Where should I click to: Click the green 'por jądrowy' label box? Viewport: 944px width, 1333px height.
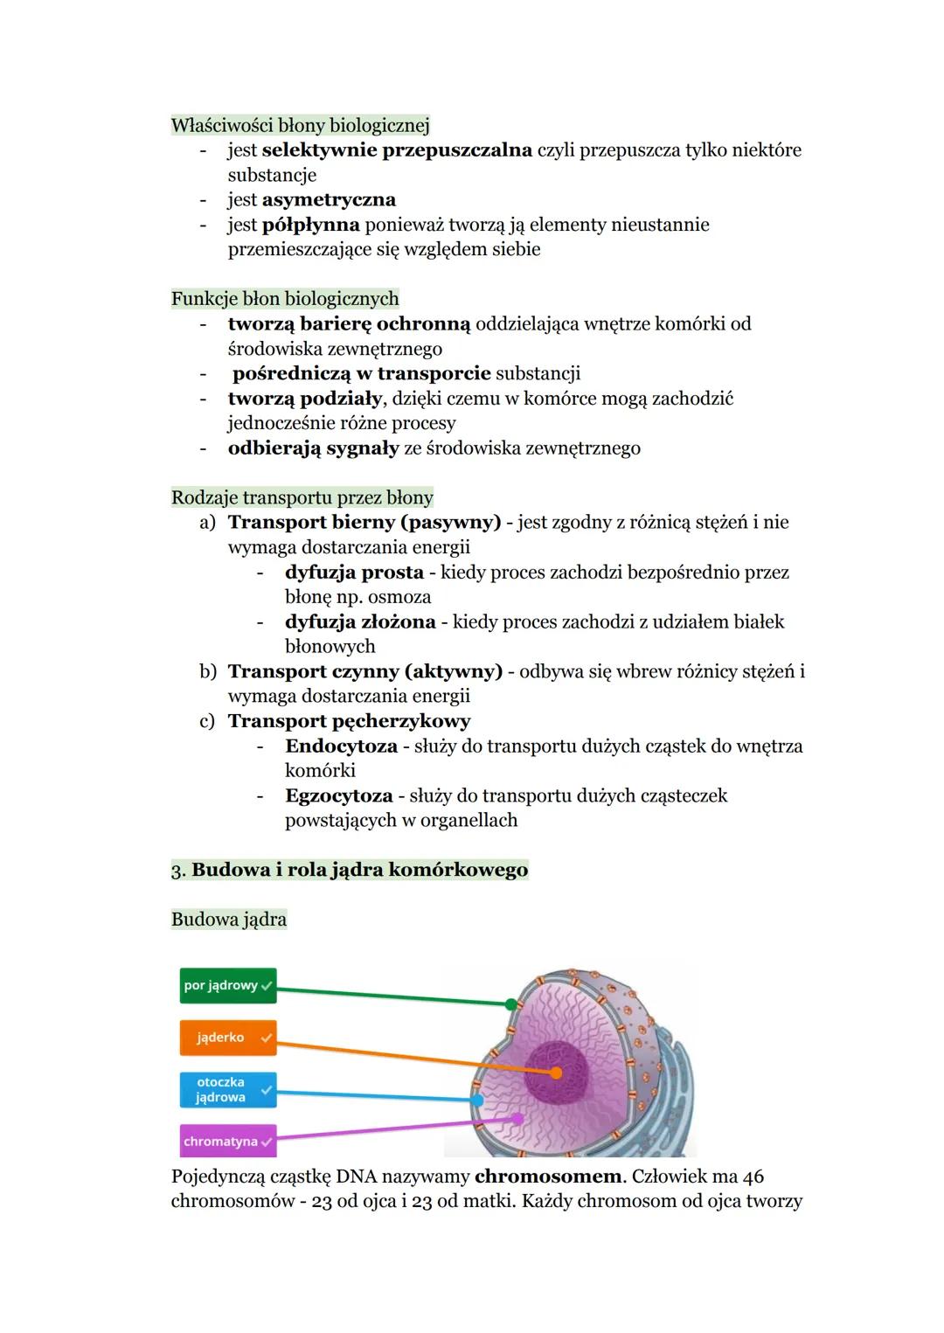coord(227,985)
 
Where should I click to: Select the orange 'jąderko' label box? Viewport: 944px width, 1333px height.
coord(227,1038)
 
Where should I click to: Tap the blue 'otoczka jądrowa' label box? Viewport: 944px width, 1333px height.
coord(227,1089)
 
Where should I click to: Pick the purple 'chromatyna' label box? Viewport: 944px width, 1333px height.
coord(227,1142)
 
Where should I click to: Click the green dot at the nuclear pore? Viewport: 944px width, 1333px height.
coord(511,1004)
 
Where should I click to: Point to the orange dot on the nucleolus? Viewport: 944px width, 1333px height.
coord(556,1073)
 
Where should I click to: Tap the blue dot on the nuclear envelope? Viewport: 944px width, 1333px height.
coord(477,1100)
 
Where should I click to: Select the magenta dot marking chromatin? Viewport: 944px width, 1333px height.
coord(517,1118)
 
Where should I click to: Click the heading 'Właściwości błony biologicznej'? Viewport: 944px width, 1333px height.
coord(300,125)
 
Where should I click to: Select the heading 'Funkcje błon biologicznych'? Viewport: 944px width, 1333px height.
coord(285,299)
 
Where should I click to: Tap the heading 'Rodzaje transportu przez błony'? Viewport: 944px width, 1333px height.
coord(302,497)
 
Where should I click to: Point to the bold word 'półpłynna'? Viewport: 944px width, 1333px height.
coord(310,225)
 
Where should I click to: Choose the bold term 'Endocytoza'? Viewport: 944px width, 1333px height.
coord(341,746)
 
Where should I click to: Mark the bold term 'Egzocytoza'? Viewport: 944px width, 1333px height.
coord(338,796)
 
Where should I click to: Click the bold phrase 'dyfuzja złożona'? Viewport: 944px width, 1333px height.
coord(360,622)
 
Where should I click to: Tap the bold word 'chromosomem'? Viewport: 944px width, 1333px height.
coord(548,1177)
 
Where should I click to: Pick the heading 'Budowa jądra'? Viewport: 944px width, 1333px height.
coord(229,920)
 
